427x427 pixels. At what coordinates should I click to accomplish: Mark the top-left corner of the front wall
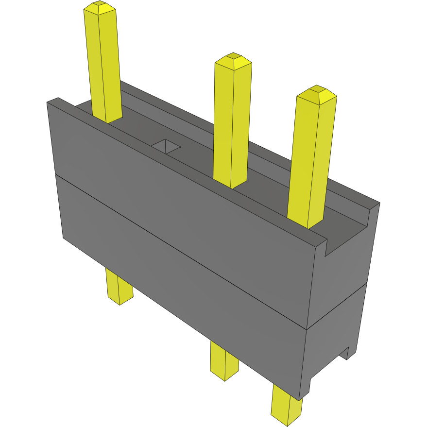click(48, 102)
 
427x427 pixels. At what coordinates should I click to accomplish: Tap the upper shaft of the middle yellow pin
click(232, 121)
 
